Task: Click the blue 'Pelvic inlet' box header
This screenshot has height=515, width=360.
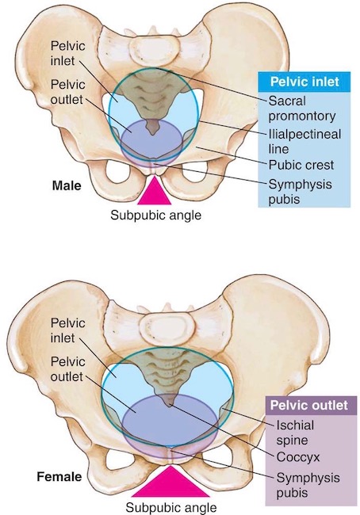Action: click(x=304, y=82)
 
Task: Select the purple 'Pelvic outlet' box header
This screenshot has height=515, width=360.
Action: click(x=311, y=406)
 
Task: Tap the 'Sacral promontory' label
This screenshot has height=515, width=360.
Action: click(x=302, y=108)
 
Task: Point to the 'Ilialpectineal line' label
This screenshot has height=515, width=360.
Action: click(x=304, y=141)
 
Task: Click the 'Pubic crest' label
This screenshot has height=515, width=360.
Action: click(x=301, y=165)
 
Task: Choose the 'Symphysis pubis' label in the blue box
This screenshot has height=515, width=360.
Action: click(x=301, y=192)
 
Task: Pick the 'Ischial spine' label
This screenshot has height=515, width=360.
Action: click(x=295, y=433)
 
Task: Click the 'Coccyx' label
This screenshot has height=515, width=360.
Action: click(x=298, y=457)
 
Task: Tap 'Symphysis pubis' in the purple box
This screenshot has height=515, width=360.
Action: click(x=308, y=485)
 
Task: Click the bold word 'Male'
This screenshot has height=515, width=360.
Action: click(x=67, y=186)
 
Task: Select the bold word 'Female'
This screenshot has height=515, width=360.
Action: click(x=59, y=476)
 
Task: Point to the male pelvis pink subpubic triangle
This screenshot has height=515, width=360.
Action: click(x=154, y=191)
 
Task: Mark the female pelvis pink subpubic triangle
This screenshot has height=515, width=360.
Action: click(x=170, y=483)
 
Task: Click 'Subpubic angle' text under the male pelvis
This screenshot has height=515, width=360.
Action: click(x=156, y=216)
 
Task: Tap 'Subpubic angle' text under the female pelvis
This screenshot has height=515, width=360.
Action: click(x=171, y=507)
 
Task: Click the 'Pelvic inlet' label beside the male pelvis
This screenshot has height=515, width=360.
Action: click(x=67, y=53)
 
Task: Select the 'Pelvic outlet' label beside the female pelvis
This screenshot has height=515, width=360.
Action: click(x=67, y=369)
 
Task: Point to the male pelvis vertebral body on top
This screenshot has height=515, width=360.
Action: click(x=154, y=48)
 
